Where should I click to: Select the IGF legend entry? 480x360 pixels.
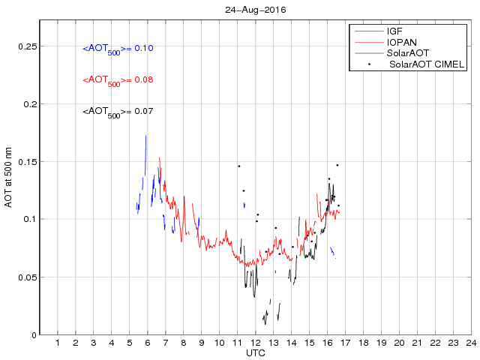click(394, 31)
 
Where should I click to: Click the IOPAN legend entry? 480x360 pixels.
click(401, 43)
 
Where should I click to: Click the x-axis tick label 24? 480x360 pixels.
click(470, 343)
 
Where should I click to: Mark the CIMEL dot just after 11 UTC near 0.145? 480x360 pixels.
click(239, 166)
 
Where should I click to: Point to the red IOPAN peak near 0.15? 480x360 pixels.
click(159, 158)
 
